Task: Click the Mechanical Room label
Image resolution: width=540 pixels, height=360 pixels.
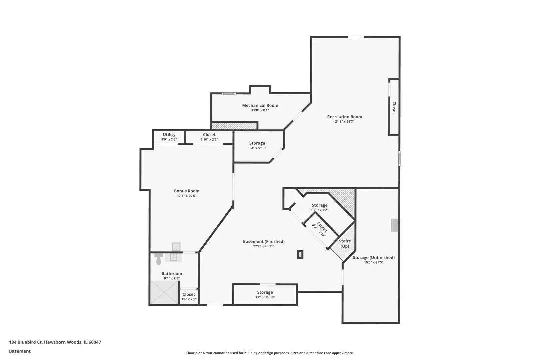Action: click(260, 105)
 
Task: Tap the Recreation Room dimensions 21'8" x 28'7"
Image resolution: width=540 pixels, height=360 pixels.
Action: click(344, 122)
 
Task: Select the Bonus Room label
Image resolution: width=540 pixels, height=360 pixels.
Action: click(187, 191)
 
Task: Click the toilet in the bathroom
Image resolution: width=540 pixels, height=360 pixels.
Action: click(159, 259)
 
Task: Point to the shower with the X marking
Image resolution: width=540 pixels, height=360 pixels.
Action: click(164, 292)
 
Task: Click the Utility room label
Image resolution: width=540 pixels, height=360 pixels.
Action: click(169, 135)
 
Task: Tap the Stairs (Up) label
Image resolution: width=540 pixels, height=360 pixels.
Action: click(345, 244)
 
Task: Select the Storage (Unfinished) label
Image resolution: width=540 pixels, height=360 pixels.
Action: click(374, 258)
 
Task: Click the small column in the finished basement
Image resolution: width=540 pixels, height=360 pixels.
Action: click(300, 255)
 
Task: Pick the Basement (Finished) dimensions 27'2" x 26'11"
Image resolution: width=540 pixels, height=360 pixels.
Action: click(264, 246)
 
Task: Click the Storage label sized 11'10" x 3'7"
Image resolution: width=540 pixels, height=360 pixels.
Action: click(265, 292)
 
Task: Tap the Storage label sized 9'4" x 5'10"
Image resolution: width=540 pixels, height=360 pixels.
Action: click(257, 143)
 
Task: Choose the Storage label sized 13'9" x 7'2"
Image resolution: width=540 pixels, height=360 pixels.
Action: click(320, 205)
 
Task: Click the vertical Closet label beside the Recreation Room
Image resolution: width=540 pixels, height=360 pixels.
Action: click(394, 108)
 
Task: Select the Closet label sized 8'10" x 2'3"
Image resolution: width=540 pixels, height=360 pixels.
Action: click(209, 135)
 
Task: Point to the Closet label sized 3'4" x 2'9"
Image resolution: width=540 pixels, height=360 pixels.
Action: click(189, 294)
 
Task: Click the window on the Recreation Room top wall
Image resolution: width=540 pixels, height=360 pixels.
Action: click(356, 37)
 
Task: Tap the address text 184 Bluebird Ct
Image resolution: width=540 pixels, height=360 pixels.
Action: click(26, 342)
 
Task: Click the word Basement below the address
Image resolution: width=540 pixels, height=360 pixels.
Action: click(20, 351)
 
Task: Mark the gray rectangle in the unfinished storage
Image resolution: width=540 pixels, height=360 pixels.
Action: click(395, 225)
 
